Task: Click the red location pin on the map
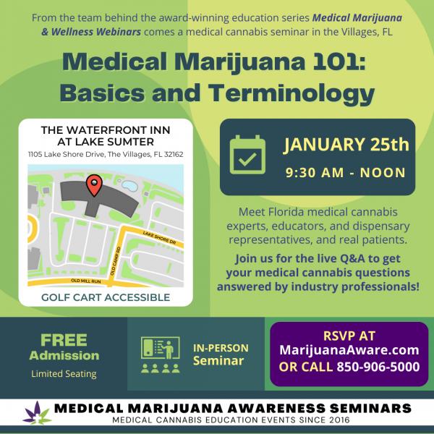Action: pyautogui.click(x=94, y=185)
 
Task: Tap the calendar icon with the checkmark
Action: pyautogui.click(x=247, y=155)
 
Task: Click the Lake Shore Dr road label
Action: pyautogui.click(x=159, y=238)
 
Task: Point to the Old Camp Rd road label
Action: pyautogui.click(x=116, y=260)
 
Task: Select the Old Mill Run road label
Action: pyautogui.click(x=86, y=281)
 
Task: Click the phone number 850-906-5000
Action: pyautogui.click(x=378, y=367)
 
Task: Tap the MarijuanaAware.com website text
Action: pyautogui.click(x=349, y=350)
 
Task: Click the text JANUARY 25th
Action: pyautogui.click(x=346, y=145)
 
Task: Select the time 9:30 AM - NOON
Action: pyautogui.click(x=346, y=172)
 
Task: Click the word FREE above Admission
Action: pyautogui.click(x=64, y=340)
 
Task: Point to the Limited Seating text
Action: pyautogui.click(x=64, y=374)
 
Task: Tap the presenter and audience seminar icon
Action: pyautogui.click(x=161, y=355)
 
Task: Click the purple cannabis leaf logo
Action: pyautogui.click(x=37, y=413)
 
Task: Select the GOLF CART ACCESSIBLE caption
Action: pyautogui.click(x=106, y=297)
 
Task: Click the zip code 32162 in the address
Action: pyautogui.click(x=174, y=154)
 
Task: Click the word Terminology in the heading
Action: pyautogui.click(x=292, y=93)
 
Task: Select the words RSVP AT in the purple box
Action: pyautogui.click(x=349, y=336)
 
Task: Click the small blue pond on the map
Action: pyautogui.click(x=129, y=185)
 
